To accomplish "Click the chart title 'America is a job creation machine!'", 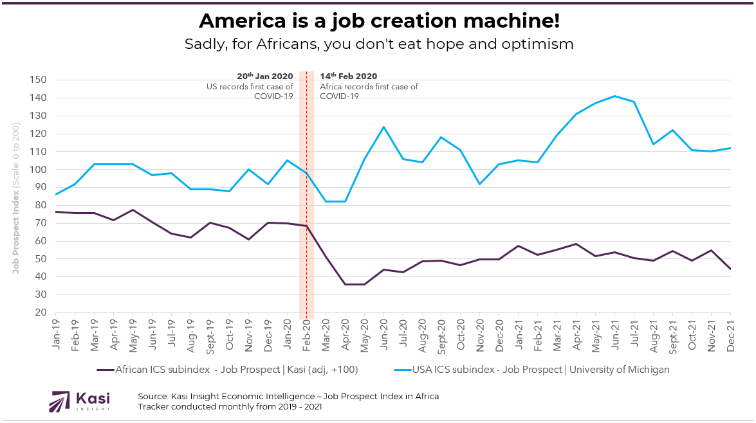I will (378, 21).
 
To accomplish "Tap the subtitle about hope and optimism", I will (378, 44).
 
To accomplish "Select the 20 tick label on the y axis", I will (41, 313).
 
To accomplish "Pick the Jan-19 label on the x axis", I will (56, 335).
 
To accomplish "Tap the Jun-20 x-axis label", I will (383, 335).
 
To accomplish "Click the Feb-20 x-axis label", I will (306, 335).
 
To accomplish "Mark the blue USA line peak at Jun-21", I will (615, 96).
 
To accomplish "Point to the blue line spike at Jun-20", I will (383, 127).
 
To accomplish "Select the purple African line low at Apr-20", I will (346, 284).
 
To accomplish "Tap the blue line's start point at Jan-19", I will (56, 194).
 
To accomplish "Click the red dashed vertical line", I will (306, 193).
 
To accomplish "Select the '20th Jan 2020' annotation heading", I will (265, 76).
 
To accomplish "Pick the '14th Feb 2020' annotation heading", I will (349, 76).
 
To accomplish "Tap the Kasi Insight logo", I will (80, 401).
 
